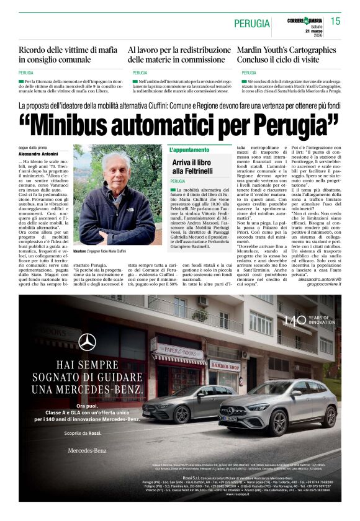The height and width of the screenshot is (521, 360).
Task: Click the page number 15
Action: pyautogui.click(x=335, y=21)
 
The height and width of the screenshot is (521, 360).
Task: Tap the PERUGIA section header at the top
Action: pyautogui.click(x=252, y=24)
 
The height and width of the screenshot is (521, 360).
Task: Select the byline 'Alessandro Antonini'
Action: pyautogui.click(x=37, y=153)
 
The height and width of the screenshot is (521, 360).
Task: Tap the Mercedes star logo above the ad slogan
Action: pyautogui.click(x=87, y=341)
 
